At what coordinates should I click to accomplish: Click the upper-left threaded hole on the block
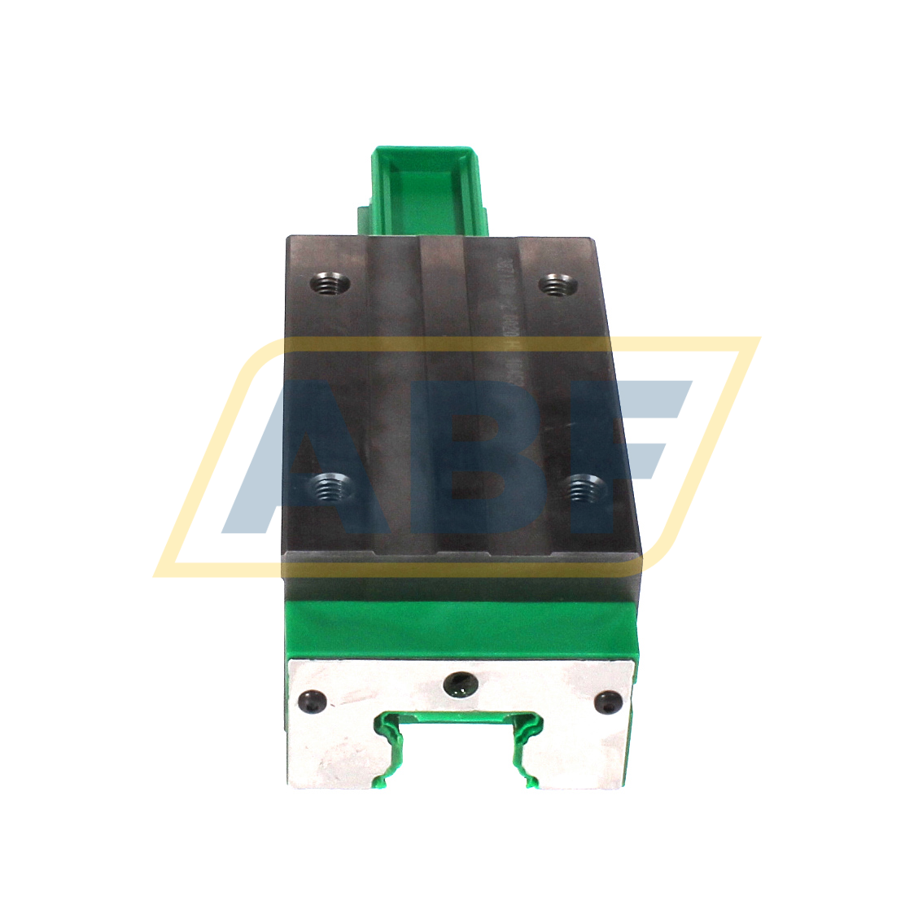(x=330, y=285)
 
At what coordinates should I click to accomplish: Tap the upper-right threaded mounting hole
(x=558, y=285)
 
